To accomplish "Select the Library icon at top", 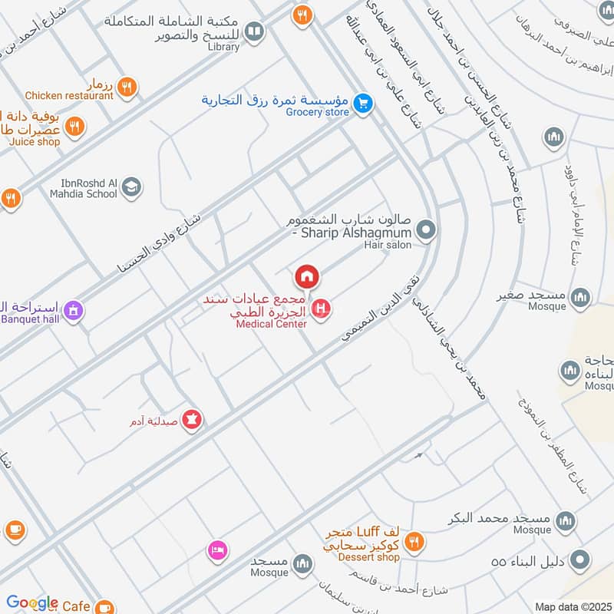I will click(x=254, y=31).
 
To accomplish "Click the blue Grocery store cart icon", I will click(x=364, y=101).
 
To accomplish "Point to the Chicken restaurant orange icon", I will click(x=128, y=86).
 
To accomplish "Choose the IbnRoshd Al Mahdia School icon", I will click(x=131, y=187).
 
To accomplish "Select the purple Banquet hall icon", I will click(x=74, y=311).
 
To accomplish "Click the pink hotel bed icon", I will click(x=216, y=550).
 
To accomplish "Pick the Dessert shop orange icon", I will click(x=414, y=542).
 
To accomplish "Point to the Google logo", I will click(x=31, y=603).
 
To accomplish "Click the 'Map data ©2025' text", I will click(x=572, y=606).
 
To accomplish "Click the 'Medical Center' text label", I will click(x=271, y=324).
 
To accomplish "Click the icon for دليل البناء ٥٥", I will click(x=582, y=561).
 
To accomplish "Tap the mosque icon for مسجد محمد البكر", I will click(x=566, y=520).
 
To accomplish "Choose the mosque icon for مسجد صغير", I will click(x=581, y=296).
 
